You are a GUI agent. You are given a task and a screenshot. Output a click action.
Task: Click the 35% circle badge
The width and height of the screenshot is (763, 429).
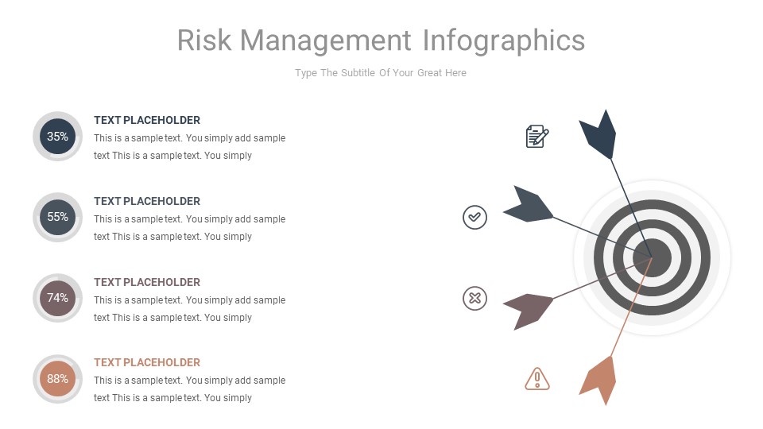coord(57,137)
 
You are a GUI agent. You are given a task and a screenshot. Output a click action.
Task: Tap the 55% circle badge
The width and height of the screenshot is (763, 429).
coord(57,217)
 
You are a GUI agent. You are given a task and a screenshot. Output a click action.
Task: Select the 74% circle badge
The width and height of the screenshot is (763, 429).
coord(57,298)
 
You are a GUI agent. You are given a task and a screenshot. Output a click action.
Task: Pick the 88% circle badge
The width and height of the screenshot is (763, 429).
coord(57,379)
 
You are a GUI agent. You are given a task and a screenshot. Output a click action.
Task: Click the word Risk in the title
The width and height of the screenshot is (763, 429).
coord(204,41)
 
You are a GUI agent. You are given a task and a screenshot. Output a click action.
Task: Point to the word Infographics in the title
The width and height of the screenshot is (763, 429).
coord(504,41)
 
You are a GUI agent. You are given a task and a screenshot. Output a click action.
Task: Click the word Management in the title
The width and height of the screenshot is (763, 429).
coord(326,41)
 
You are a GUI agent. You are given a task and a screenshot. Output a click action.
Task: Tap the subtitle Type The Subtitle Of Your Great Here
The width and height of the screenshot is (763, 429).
coord(381,73)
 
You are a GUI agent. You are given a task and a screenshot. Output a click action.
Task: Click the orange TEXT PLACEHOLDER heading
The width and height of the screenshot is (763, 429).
coord(147,362)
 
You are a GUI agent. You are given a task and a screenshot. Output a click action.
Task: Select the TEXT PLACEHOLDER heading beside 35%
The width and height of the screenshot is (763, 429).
coord(147,120)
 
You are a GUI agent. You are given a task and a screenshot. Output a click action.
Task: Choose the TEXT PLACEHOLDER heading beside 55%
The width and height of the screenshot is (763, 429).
coord(147,201)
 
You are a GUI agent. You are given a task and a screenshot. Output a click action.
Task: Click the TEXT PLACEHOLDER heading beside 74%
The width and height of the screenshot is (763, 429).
coord(147,282)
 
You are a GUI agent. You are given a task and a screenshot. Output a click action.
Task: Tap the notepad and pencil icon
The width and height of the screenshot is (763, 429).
coord(537,137)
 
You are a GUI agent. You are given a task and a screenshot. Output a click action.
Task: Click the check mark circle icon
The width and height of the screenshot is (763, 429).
coord(474,217)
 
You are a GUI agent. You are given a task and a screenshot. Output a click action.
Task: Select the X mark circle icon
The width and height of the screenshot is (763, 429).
coord(474,299)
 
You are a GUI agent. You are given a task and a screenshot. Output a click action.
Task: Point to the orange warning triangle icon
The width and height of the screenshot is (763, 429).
coord(537,379)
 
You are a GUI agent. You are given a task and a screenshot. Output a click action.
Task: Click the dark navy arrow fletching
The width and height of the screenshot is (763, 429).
coord(599,136)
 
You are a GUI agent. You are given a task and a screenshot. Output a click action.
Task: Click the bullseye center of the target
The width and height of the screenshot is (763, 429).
coord(652,257)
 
